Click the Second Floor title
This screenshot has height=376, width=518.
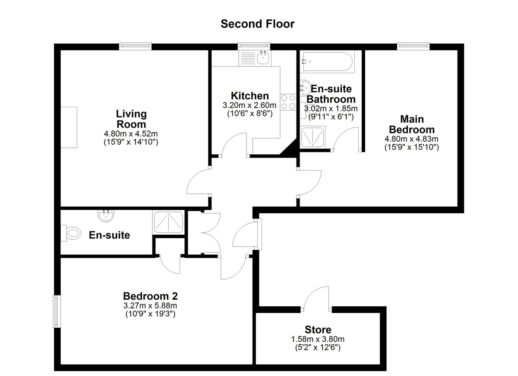click(x=257, y=24)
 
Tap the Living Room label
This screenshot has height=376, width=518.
click(x=131, y=119)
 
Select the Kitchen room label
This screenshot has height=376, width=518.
click(x=250, y=96)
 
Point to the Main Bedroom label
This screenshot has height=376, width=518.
click(x=412, y=124)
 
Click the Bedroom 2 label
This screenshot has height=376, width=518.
click(x=150, y=296)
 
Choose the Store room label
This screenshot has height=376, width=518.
click(x=318, y=329)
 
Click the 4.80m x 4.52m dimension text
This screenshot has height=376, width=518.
click(x=131, y=134)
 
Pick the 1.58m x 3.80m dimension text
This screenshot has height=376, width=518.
click(x=318, y=339)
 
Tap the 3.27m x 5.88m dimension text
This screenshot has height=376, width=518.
click(x=150, y=306)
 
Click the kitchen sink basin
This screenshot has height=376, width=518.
click(x=263, y=58)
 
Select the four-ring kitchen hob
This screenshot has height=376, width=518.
click(x=288, y=102)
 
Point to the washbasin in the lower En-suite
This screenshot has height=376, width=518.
click(x=106, y=216)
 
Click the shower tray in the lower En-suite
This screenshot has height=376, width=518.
click(x=169, y=222)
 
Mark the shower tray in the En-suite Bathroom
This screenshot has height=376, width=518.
click(x=313, y=137)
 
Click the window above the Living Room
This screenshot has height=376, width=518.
click(x=136, y=46)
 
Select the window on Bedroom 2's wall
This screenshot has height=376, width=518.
click(x=57, y=311)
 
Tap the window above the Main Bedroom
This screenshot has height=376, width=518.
click(x=414, y=46)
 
